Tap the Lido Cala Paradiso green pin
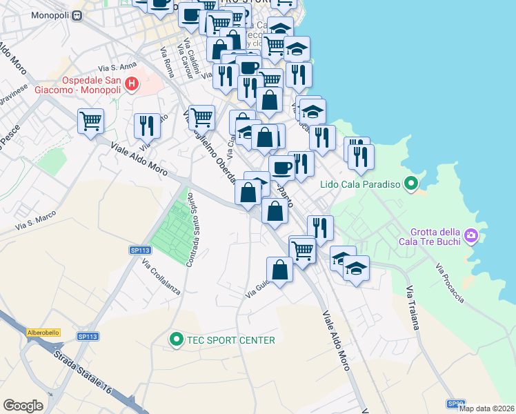pos(411,184)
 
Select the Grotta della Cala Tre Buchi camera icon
pos(470,236)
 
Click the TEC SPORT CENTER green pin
pos(176,339)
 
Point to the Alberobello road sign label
pos(43,333)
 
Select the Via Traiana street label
pos(413,308)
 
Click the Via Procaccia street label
pos(450,283)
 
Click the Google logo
pos(23,406)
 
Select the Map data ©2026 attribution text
pos(487,408)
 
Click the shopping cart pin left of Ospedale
pos(90,121)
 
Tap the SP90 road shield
pos(455,404)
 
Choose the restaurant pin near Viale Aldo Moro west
pos(146,126)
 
